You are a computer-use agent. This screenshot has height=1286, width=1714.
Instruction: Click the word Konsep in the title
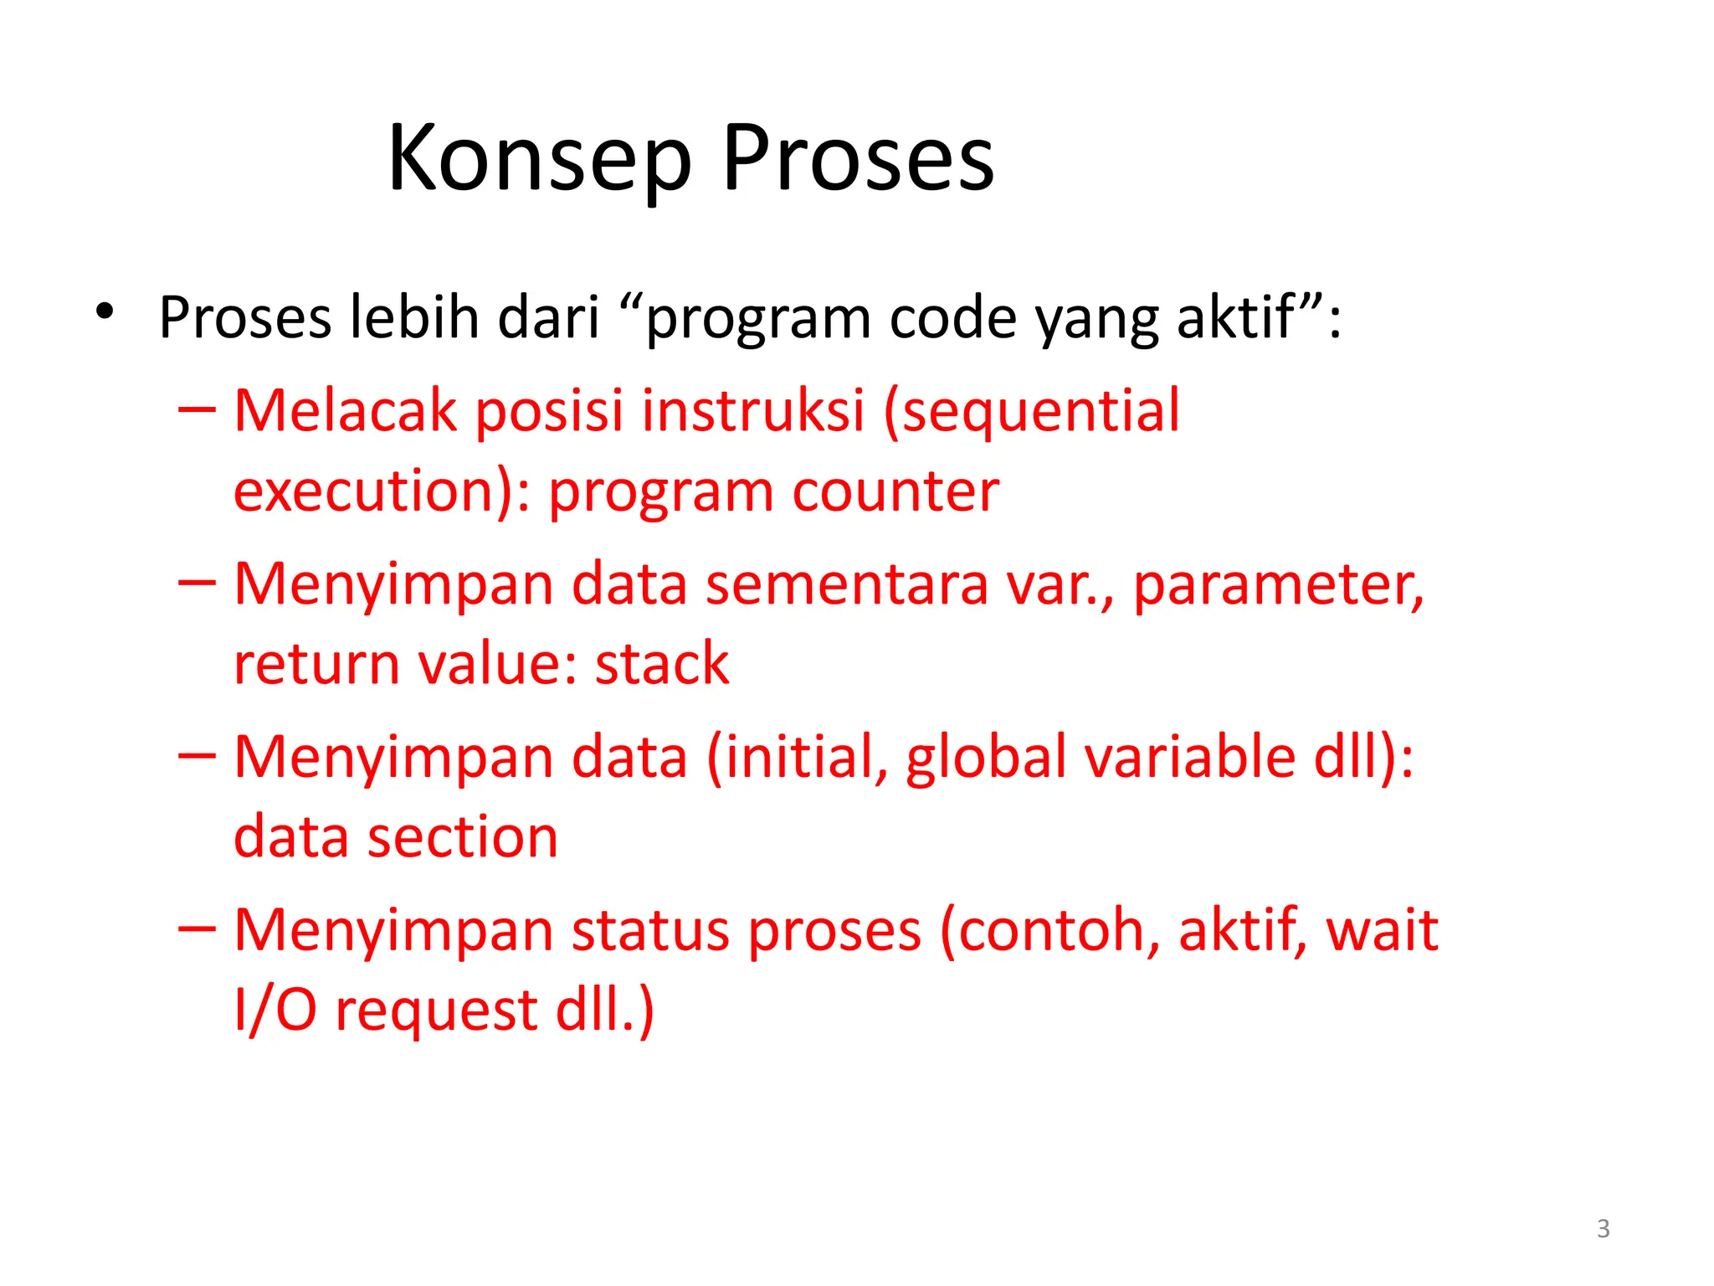(540, 159)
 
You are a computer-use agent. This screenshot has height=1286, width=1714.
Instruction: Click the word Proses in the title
(858, 159)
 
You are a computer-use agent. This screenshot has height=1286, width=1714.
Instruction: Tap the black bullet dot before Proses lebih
(104, 311)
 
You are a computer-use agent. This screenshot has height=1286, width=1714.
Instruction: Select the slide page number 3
(1603, 1228)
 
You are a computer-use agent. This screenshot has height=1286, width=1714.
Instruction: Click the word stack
(661, 664)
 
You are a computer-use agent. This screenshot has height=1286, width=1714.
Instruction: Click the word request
(436, 1011)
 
